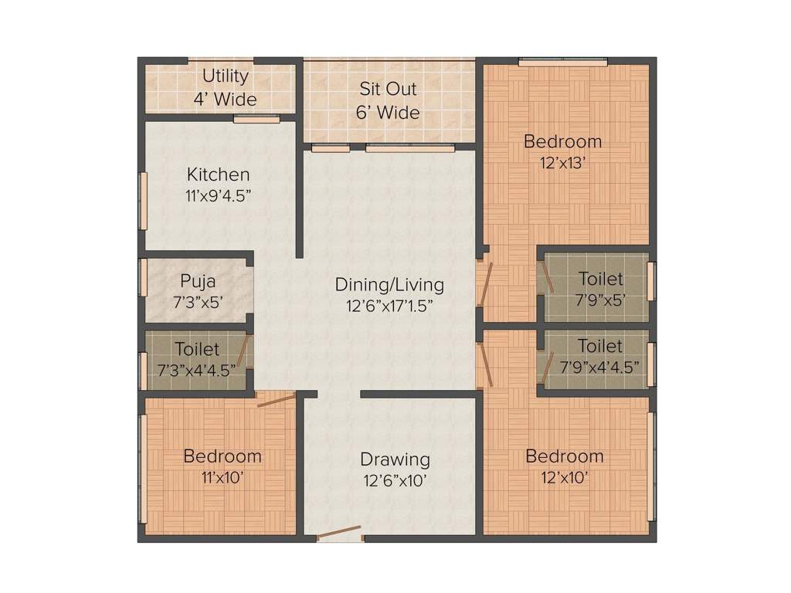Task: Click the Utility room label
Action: click(226, 76)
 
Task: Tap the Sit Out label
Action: click(388, 88)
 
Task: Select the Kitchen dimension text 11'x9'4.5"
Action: click(219, 195)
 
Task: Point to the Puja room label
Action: click(198, 281)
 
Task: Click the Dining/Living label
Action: click(389, 285)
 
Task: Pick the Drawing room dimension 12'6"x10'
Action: click(395, 480)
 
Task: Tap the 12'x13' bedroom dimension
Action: click(562, 163)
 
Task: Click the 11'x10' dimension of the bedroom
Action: click(222, 477)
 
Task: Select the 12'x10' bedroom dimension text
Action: click(564, 477)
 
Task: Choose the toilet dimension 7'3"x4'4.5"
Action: click(196, 370)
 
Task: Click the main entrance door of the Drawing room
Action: click(339, 532)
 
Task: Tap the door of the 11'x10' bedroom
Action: click(276, 399)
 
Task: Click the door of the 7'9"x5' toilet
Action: click(547, 276)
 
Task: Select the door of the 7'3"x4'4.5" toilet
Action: click(243, 351)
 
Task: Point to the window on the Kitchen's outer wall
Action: click(143, 201)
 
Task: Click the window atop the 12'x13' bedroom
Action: click(562, 61)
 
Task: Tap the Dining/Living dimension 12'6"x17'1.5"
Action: click(389, 305)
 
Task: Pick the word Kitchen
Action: click(219, 175)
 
